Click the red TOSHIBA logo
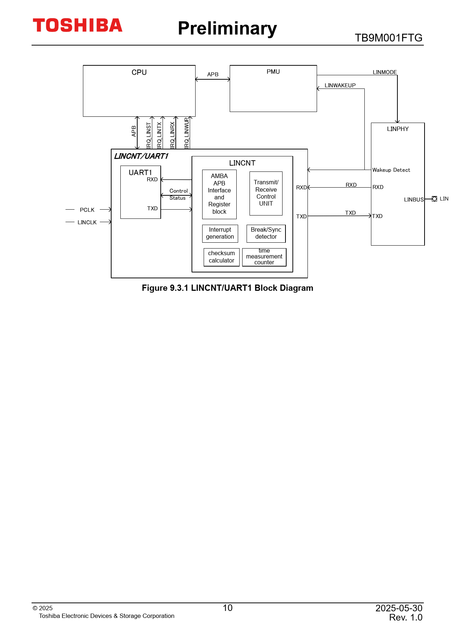pos(77,25)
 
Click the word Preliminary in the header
pos(227,28)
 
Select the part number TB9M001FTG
pos(388,38)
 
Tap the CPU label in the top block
pos(139,72)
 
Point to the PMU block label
pos(273,72)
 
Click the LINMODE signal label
pos(385,72)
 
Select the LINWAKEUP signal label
pos(340,86)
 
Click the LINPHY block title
pos(398,129)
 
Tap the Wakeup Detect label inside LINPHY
pos(391,170)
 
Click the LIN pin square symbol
pos(434,199)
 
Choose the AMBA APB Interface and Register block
pos(219,194)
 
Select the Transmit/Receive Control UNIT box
pos(266,193)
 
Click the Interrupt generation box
pos(220,233)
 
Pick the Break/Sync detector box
pos(266,233)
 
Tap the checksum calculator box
pos(222,257)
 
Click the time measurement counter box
pos(264,257)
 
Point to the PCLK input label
pos(87,210)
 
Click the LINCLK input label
pos(87,222)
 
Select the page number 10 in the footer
pos(227,608)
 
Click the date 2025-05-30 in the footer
pos(399,608)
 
